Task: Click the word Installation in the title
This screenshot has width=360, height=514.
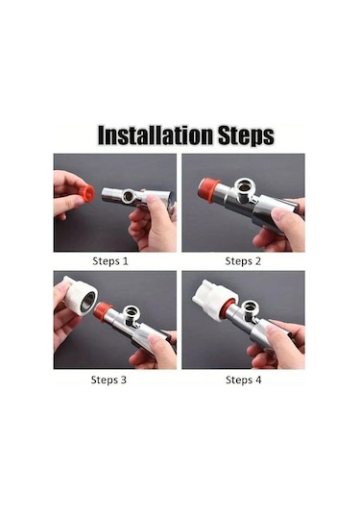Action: pos(156,135)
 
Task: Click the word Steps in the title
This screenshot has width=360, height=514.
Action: pos(246,135)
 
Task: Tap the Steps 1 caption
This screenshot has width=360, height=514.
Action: pos(110,261)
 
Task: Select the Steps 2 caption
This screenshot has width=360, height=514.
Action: pos(243,261)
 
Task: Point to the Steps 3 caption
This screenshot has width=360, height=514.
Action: pos(108,379)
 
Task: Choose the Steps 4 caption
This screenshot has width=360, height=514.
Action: pos(244,379)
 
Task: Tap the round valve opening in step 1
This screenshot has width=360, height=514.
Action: pos(129,196)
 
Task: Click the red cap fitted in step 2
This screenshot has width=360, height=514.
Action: pos(207,190)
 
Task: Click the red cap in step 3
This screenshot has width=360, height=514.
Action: pos(102,310)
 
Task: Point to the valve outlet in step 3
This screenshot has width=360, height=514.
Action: pos(132,311)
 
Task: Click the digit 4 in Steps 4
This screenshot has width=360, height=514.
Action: pos(258,379)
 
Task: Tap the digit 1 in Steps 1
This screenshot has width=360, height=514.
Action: pos(125,261)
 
